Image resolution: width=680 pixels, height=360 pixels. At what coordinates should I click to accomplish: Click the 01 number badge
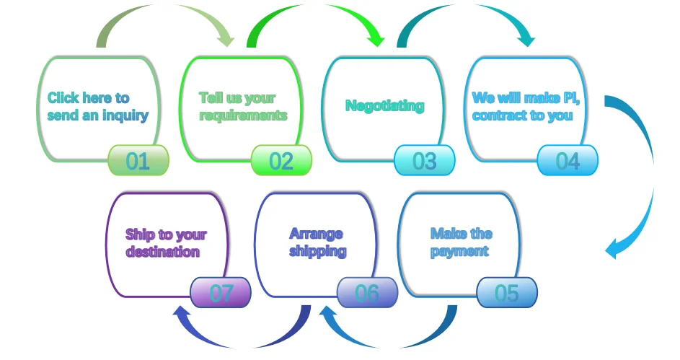[x=138, y=160]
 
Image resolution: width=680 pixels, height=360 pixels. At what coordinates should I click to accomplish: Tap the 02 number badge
[x=281, y=160]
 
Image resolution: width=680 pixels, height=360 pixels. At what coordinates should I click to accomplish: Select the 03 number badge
[x=425, y=160]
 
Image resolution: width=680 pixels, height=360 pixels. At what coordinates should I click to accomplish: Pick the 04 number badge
[x=568, y=160]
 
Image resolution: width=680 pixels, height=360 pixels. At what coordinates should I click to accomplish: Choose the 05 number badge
[x=507, y=293]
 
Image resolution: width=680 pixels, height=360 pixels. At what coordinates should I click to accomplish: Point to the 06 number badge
[x=367, y=293]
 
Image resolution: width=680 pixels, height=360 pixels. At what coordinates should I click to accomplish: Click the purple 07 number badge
[x=221, y=293]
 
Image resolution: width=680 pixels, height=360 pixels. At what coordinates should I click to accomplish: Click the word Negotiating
[x=384, y=106]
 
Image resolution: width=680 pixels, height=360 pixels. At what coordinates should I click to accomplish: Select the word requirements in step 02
[x=243, y=115]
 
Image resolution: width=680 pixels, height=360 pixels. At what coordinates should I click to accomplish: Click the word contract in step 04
[x=495, y=115]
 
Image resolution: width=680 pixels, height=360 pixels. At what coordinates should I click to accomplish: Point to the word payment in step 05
[x=459, y=251]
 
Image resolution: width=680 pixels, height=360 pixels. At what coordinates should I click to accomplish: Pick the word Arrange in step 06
[x=316, y=234]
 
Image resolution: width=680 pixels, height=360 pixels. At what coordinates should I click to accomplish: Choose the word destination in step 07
[x=162, y=252]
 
